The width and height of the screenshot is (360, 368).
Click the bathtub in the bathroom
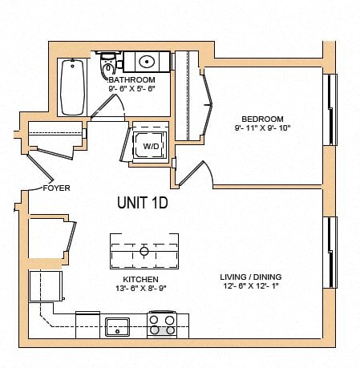click(x=72, y=87)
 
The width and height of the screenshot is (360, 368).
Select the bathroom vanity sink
click(x=147, y=61)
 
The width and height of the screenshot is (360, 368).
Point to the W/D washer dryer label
click(x=150, y=147)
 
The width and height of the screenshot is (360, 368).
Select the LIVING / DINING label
click(x=250, y=278)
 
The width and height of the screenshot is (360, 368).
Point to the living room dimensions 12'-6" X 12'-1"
click(x=250, y=288)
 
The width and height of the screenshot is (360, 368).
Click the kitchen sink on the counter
click(x=117, y=326)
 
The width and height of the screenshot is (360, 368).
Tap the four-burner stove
click(x=161, y=325)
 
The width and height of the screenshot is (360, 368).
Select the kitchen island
click(x=144, y=252)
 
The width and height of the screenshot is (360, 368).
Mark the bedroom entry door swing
click(x=197, y=172)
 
